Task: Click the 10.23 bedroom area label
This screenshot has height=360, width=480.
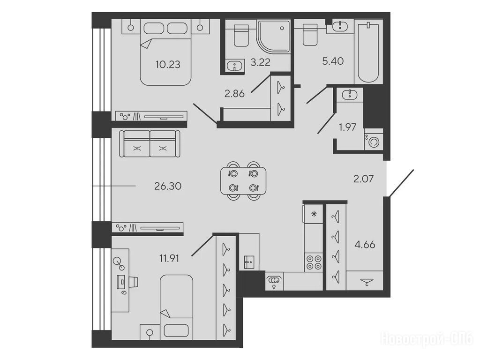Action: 168,65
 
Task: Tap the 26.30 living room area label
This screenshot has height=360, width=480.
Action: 168,186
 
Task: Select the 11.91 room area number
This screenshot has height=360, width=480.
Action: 169,259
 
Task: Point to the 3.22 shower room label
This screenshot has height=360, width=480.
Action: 260,62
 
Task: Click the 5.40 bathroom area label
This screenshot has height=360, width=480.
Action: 333,61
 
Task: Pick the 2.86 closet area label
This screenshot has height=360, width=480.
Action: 234,94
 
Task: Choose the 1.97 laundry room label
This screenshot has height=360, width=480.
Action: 347,127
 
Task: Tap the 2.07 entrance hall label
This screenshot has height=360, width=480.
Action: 363,179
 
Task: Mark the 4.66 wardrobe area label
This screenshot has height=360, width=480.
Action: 365,245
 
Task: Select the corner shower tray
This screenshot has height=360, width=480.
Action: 273,37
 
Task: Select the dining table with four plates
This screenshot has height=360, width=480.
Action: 243,180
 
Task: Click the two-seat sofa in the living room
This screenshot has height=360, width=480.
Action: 150,143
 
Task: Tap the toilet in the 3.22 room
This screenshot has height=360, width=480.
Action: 241,36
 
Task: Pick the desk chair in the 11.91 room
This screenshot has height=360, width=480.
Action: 134,282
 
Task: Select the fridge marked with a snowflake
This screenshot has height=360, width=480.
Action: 313,214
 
